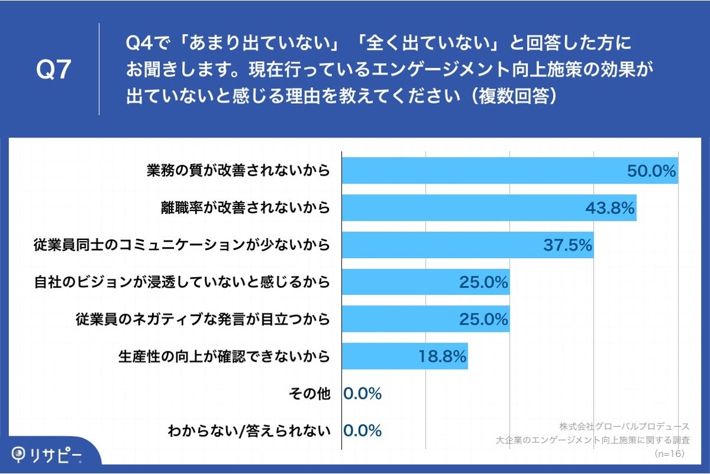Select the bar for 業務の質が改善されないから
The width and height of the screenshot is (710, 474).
(x=484, y=171)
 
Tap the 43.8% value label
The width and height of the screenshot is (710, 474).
(x=609, y=208)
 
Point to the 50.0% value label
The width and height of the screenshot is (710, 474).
(x=650, y=171)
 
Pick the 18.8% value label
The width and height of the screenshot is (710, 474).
(x=442, y=357)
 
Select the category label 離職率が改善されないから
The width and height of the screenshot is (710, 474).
(x=245, y=208)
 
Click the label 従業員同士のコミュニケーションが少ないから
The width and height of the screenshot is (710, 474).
(x=182, y=245)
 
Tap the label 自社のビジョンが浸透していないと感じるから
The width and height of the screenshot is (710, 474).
(x=182, y=282)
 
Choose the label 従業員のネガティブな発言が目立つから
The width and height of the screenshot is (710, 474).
(x=202, y=320)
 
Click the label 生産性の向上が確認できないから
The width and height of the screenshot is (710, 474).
(x=223, y=357)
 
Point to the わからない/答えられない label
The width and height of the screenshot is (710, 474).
(x=248, y=431)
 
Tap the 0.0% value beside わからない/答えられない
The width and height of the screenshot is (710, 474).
(x=363, y=431)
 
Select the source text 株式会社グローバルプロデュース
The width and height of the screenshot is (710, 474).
(x=624, y=426)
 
